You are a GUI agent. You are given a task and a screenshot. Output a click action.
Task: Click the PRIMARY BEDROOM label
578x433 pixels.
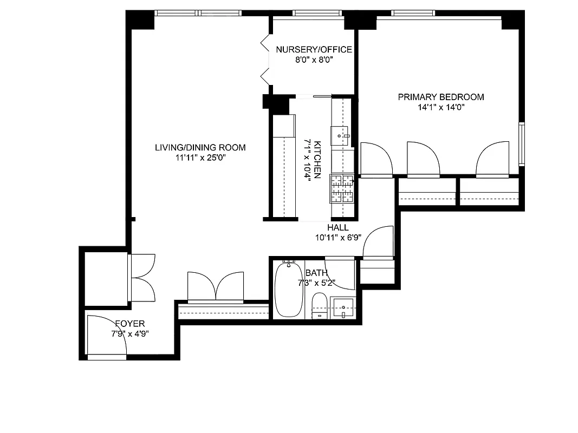pos(440,97)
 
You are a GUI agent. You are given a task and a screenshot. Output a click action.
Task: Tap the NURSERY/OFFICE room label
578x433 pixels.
pos(314,50)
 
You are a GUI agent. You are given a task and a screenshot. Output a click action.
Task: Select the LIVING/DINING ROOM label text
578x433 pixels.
pos(200,147)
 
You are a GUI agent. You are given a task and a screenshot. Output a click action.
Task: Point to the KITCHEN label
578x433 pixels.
pos(318,160)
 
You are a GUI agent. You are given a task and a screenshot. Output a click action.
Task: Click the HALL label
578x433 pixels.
pos(337,228)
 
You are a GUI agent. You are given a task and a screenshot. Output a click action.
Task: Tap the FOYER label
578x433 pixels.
pos(129,324)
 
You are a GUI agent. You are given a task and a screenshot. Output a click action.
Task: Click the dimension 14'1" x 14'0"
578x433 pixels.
pos(440,107)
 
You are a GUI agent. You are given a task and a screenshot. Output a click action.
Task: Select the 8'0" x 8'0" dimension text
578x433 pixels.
pos(314,60)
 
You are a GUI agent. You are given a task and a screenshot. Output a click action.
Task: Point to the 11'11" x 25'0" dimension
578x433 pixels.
pos(200,158)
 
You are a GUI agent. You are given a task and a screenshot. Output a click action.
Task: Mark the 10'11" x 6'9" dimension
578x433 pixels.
pos(337,237)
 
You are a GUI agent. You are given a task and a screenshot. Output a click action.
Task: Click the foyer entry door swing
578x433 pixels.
pos(107,336)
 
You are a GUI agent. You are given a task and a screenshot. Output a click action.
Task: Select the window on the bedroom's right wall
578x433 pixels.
pos(522,143)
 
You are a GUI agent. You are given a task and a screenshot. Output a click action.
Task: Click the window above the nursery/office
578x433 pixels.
pos(308,13)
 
